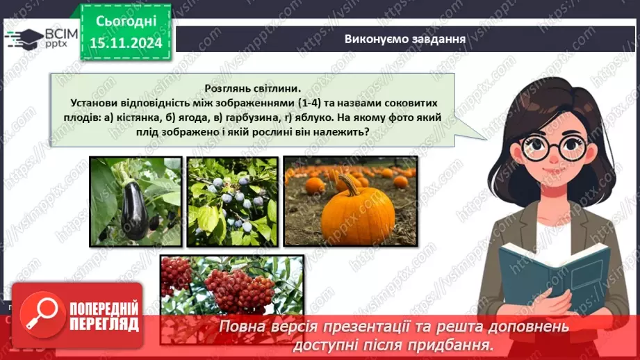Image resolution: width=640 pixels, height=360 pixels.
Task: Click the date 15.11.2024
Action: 126,42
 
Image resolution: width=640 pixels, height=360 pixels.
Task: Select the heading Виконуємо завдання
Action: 404,38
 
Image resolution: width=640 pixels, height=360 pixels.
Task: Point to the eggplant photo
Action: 135,202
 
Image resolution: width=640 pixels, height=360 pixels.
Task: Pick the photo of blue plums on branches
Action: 232,202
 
